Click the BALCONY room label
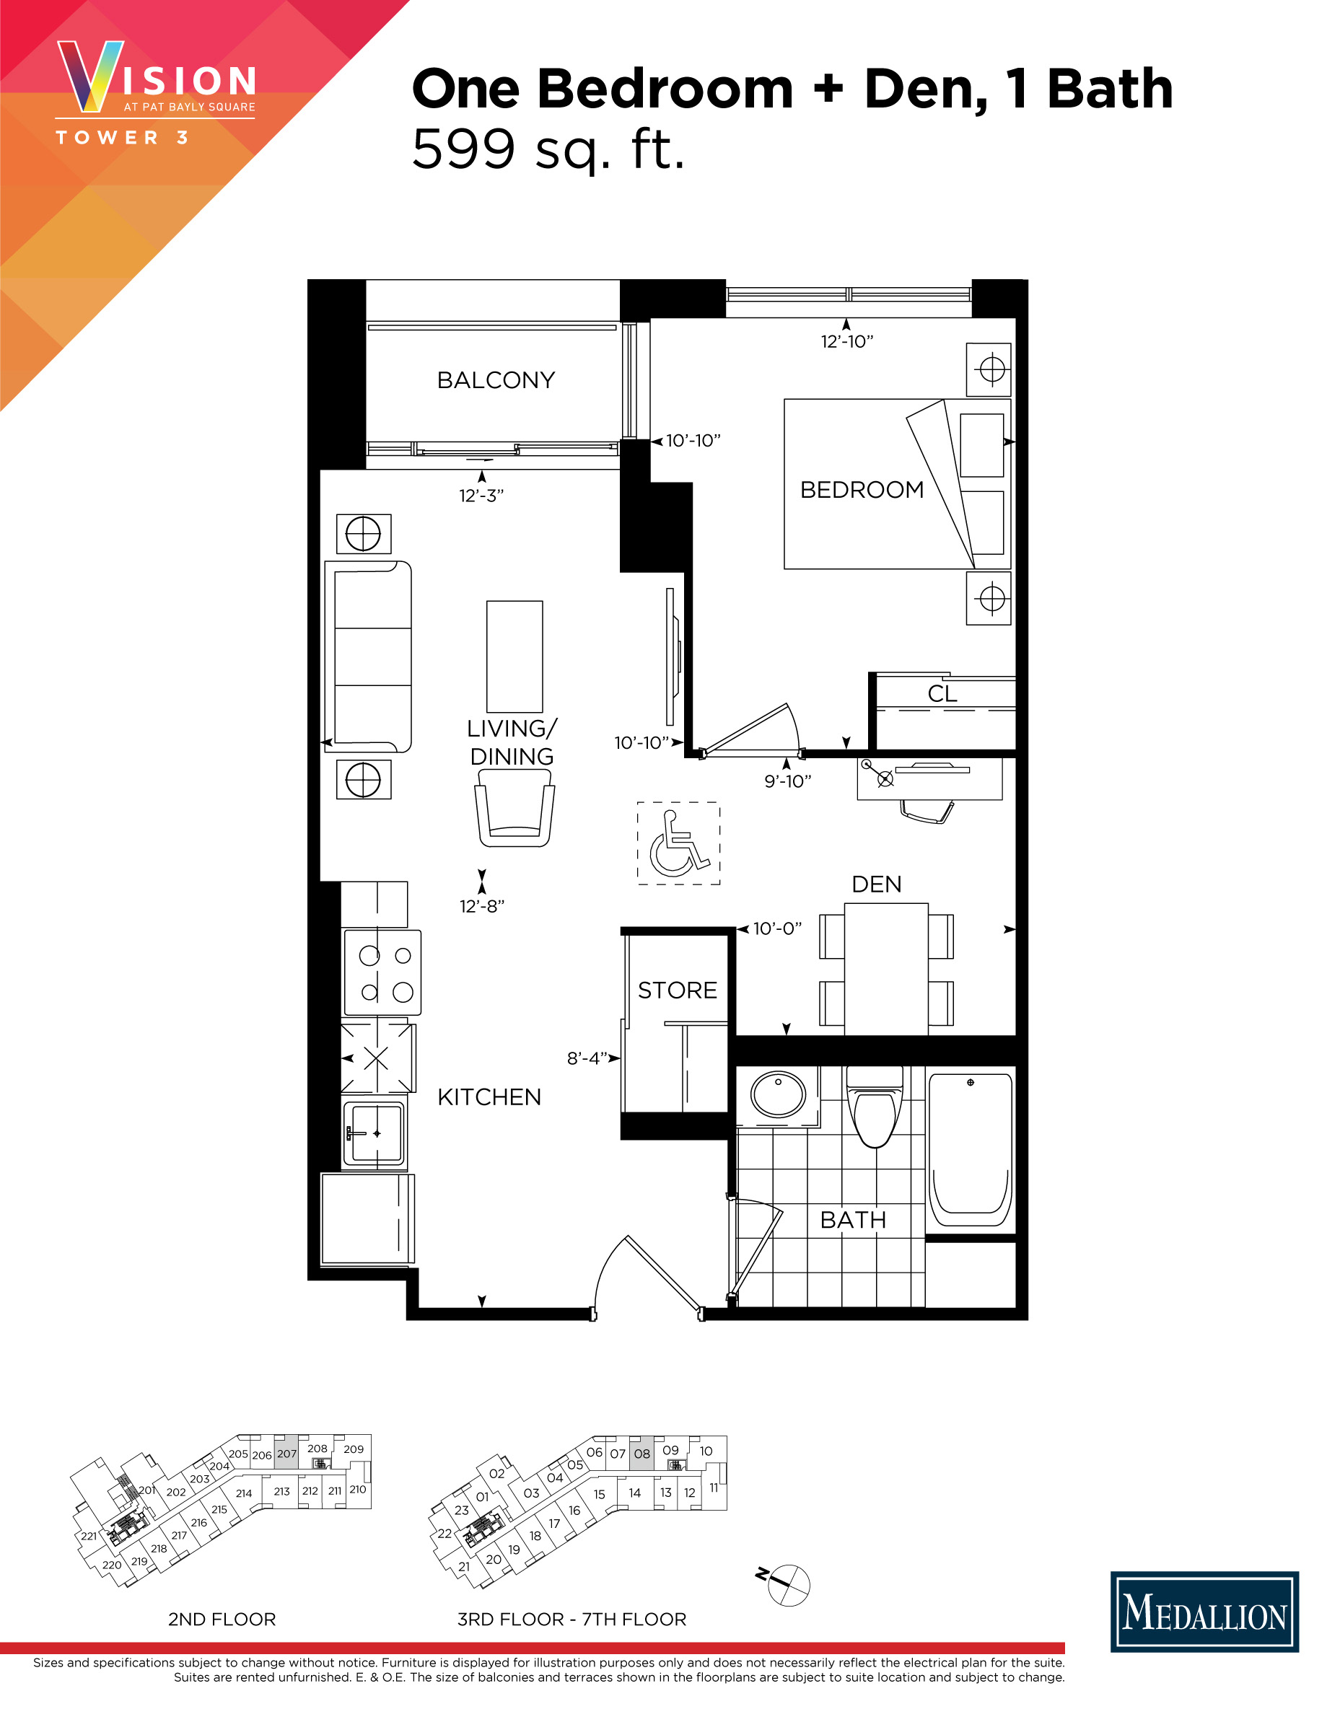[x=496, y=380]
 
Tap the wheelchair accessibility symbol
[x=678, y=844]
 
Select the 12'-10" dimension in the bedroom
[x=846, y=342]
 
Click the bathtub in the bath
[x=971, y=1148]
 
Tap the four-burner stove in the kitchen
[x=382, y=972]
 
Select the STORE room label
[x=677, y=990]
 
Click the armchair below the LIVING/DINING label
[x=514, y=808]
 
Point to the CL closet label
[x=942, y=694]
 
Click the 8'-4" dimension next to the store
[x=587, y=1059]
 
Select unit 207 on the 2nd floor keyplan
[x=286, y=1454]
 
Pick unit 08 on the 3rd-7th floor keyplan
[x=641, y=1454]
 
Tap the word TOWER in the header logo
[x=108, y=138]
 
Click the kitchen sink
[x=375, y=1133]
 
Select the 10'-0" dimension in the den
[x=776, y=928]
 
